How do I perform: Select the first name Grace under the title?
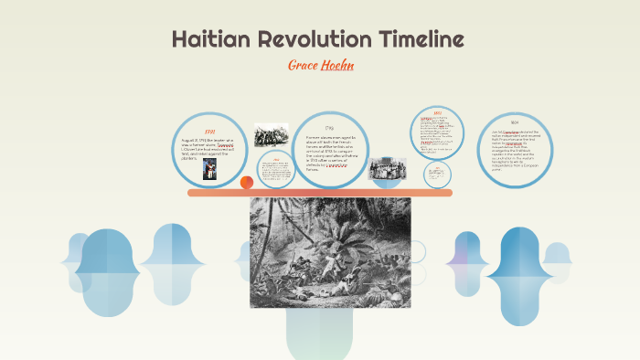pyautogui.click(x=304, y=66)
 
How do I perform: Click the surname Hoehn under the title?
pyautogui.click(x=337, y=66)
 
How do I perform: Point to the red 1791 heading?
pyautogui.click(x=209, y=131)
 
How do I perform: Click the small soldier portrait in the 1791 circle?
pyautogui.click(x=209, y=171)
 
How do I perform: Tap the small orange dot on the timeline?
pyautogui.click(x=247, y=183)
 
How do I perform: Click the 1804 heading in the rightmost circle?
pyautogui.click(x=516, y=123)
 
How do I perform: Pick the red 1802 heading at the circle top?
pyautogui.click(x=438, y=113)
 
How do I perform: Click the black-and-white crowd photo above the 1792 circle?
pyautogui.click(x=271, y=135)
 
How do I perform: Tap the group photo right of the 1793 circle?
pyautogui.click(x=387, y=169)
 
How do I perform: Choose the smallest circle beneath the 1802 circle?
pyautogui.click(x=438, y=174)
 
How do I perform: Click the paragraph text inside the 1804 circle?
pyautogui.click(x=516, y=151)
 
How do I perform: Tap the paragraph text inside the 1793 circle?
pyautogui.click(x=330, y=154)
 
